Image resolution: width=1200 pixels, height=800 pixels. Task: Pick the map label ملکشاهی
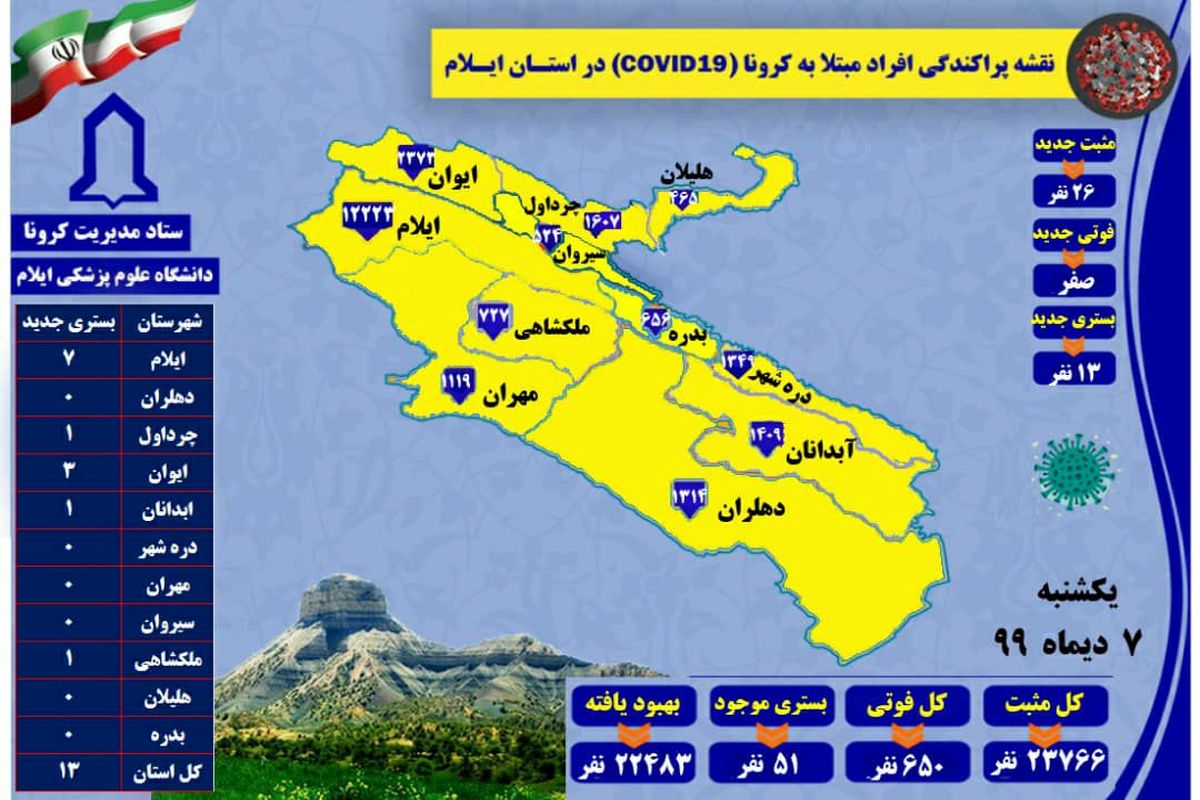click(x=549, y=328)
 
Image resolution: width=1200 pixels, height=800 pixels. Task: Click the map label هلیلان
click(x=688, y=173)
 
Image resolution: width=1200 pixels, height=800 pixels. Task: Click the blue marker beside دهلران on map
click(x=690, y=497)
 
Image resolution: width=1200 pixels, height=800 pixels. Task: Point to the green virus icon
click(x=1075, y=469)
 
